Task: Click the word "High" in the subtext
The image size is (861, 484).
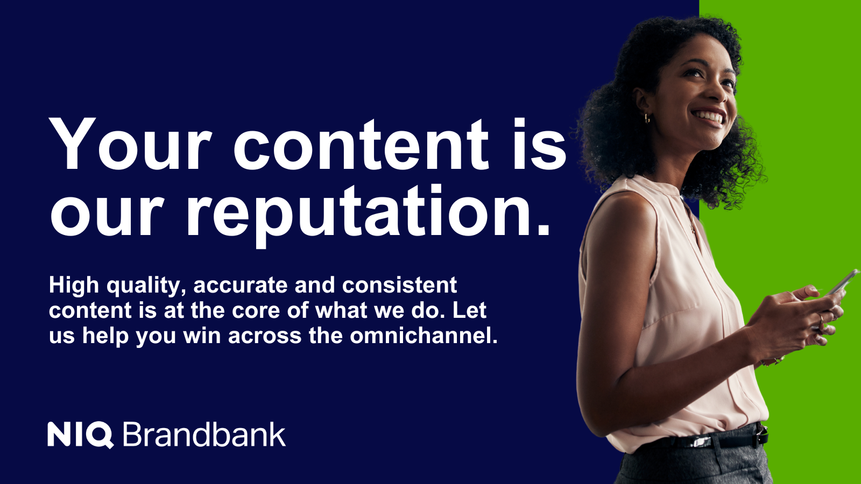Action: pos(74,285)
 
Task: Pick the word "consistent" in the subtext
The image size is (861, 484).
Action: pos(399,285)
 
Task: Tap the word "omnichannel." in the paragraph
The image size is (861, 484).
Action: pos(424,336)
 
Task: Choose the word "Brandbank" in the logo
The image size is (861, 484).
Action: pos(204,435)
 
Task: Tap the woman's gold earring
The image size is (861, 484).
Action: pos(647,118)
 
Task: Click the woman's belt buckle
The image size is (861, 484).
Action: pos(760,435)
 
